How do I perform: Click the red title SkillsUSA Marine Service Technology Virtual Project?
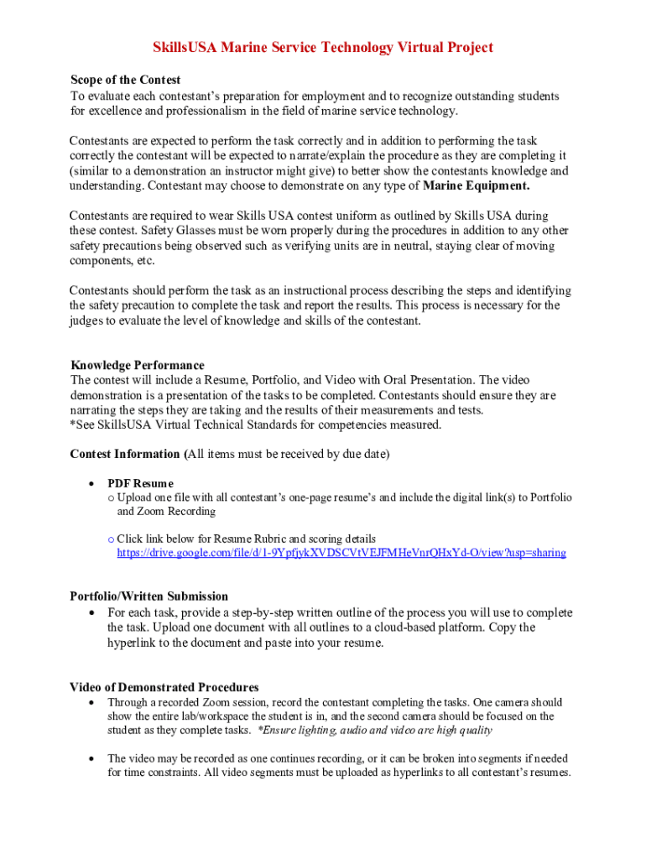click(322, 48)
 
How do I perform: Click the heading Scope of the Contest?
click(125, 81)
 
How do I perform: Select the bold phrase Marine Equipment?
click(477, 185)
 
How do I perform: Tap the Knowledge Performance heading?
click(137, 366)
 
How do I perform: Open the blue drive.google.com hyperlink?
click(341, 554)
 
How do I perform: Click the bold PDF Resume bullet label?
click(140, 483)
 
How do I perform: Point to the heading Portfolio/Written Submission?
click(148, 597)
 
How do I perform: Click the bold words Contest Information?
click(125, 455)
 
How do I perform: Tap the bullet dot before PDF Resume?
click(90, 484)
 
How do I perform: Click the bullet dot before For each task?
click(90, 613)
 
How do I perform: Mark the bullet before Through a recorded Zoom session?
click(90, 702)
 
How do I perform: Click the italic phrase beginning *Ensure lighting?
click(375, 731)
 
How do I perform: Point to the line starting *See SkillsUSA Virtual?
click(255, 425)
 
